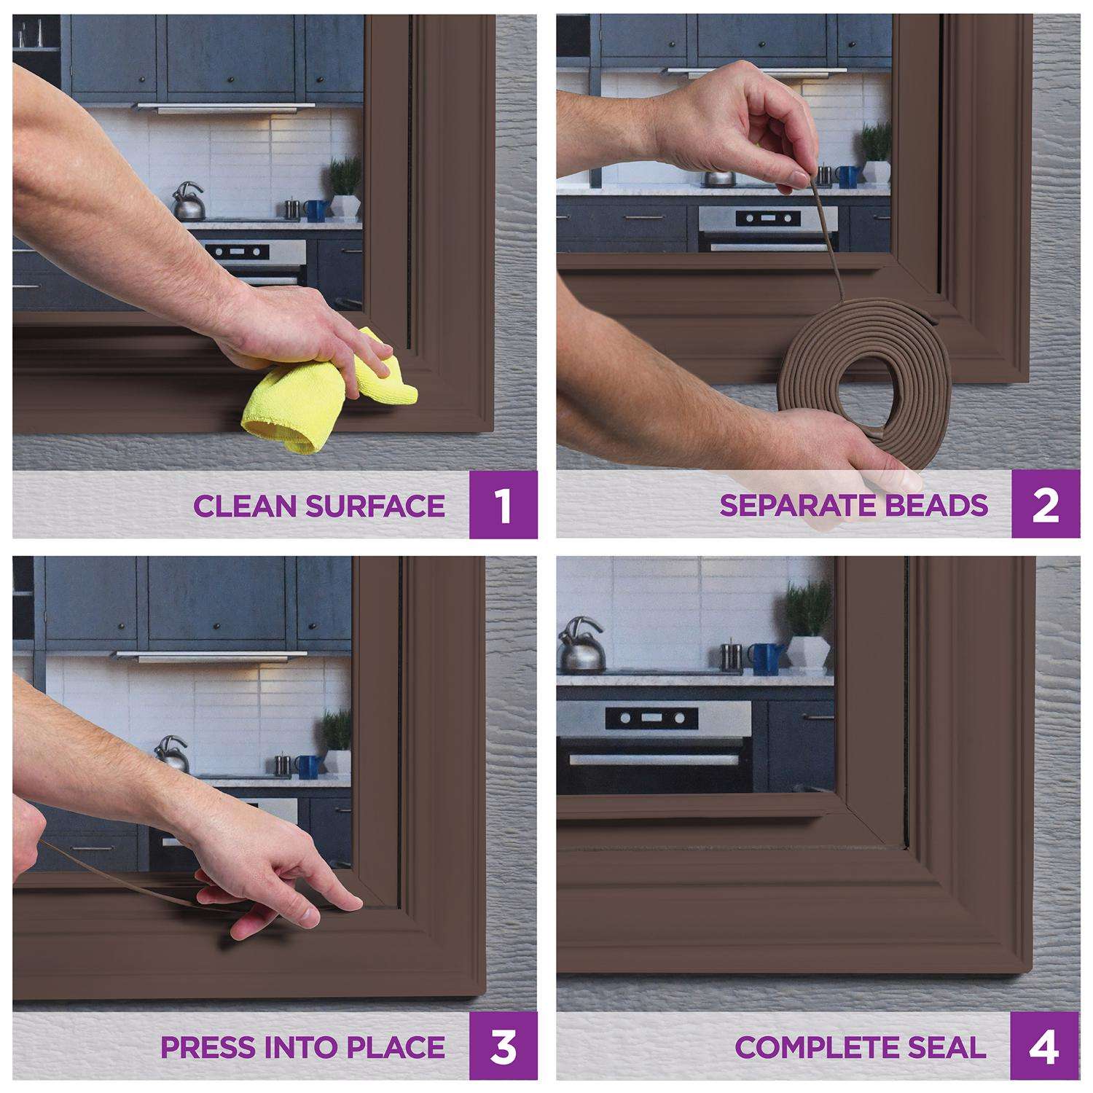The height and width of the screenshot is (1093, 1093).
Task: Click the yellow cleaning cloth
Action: pyautogui.click(x=328, y=393)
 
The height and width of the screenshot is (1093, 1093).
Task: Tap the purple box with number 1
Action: pyautogui.click(x=504, y=504)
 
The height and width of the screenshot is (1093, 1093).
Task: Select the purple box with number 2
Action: pyautogui.click(x=1046, y=504)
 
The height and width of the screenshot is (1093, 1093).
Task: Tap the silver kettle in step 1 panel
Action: pyautogui.click(x=189, y=202)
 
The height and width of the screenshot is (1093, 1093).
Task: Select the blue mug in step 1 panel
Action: pyautogui.click(x=315, y=211)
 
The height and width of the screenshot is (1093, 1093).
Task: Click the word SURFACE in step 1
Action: pyautogui.click(x=385, y=506)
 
